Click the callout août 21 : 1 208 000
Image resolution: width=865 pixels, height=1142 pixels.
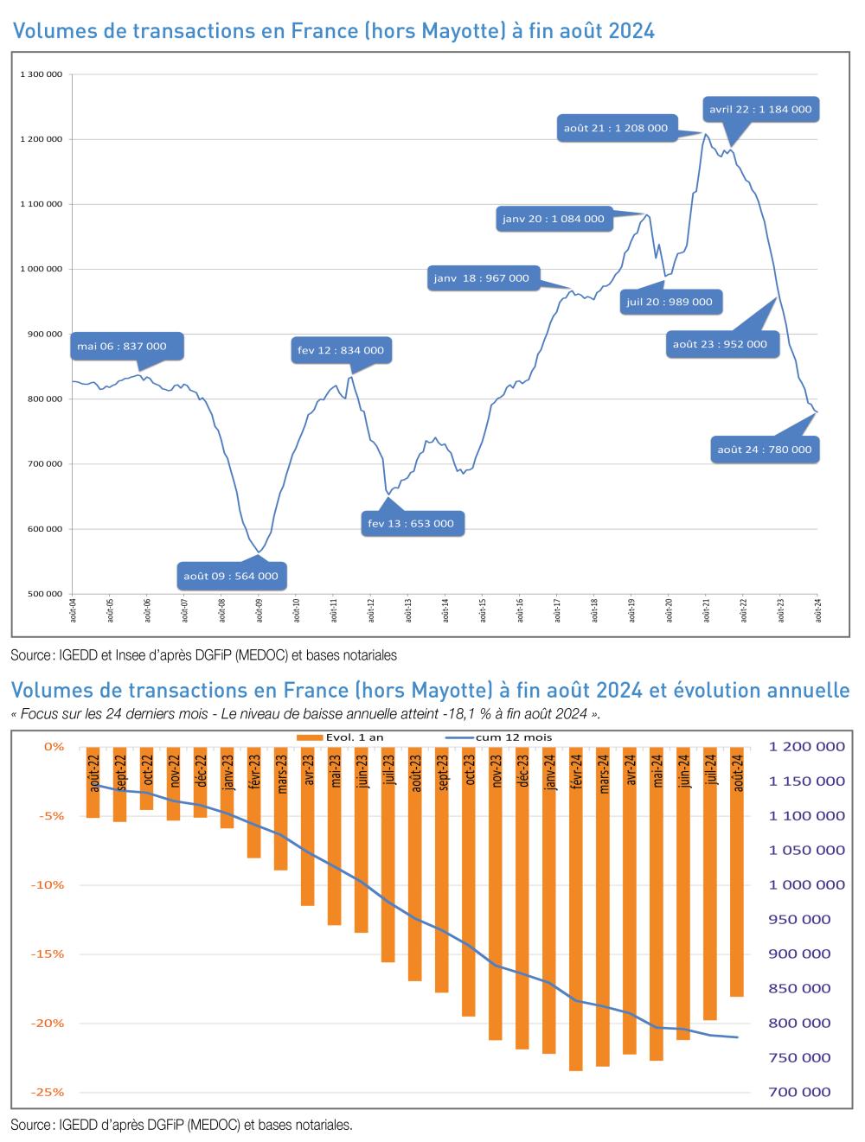pos(616,128)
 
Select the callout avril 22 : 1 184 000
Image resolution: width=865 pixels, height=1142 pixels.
pos(760,110)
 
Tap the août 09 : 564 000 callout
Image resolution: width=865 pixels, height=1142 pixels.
pos(231,576)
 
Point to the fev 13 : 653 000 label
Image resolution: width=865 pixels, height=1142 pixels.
pos(411,523)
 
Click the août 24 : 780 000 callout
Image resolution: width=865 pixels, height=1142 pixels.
pos(765,450)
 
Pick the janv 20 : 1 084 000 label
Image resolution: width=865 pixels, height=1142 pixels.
pos(554,219)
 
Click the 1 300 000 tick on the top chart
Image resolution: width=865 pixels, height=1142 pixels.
pos(41,74)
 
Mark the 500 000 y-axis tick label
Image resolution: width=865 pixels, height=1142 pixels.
pos(44,594)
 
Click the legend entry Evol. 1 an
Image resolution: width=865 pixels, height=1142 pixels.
pos(346,737)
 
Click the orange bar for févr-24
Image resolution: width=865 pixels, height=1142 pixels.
pos(576,908)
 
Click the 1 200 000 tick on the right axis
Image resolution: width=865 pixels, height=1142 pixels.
pos(806,747)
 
